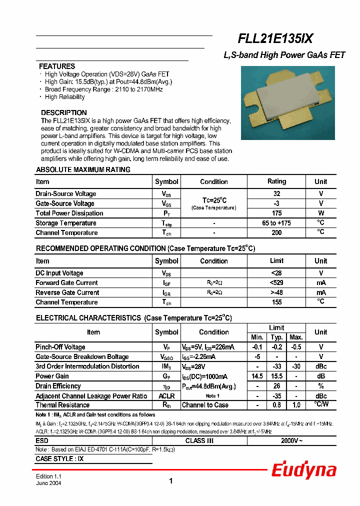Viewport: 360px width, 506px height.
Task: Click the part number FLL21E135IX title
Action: point(275,39)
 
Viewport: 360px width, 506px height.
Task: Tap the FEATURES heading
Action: point(57,66)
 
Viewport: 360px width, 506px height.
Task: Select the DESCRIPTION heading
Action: point(63,112)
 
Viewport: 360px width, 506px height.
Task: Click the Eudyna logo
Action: point(303,470)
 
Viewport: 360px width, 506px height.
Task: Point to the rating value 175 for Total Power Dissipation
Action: point(276,213)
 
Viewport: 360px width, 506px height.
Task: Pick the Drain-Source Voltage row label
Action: point(66,194)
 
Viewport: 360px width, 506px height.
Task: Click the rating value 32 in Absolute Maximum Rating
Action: point(276,193)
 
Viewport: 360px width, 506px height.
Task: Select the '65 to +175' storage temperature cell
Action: point(276,223)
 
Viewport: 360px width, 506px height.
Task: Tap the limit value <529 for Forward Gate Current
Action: point(276,283)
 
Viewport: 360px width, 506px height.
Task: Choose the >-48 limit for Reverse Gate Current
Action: point(276,292)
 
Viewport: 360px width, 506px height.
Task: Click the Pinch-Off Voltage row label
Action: point(60,347)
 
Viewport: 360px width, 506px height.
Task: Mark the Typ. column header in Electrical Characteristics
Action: point(276,337)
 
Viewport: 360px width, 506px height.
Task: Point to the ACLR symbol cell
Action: point(166,395)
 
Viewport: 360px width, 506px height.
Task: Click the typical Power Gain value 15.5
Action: point(276,376)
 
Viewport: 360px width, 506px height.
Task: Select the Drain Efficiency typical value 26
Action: point(276,386)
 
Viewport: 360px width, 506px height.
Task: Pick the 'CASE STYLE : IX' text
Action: point(59,458)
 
